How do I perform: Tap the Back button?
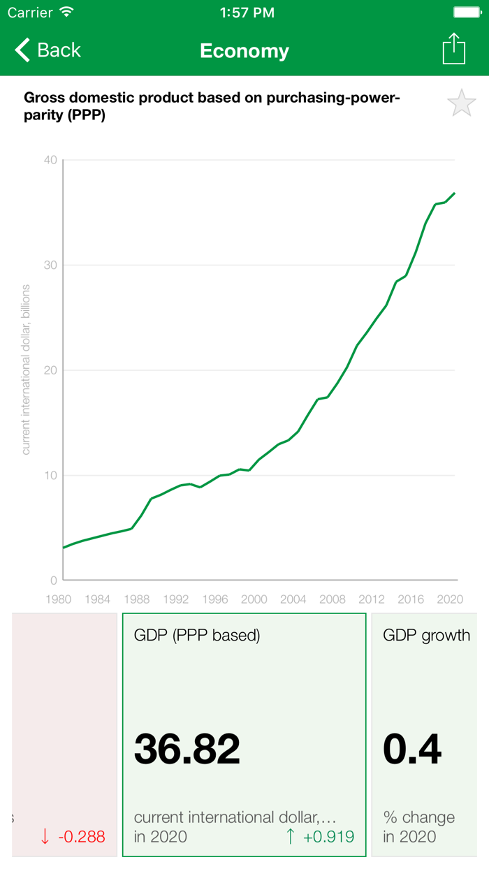48,50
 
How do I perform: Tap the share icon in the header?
454,50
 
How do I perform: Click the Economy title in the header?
245,51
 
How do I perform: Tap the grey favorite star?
461,104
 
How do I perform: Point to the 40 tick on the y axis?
50,160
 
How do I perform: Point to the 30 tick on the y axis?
50,265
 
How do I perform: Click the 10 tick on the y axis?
50,476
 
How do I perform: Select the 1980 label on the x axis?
58,599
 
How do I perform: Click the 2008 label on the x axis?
332,599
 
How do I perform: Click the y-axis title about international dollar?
26,370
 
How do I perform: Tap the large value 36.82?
187,748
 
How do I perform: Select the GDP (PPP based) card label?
197,636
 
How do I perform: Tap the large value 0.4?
412,748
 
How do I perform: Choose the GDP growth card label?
426,636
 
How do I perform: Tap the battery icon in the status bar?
467,13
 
